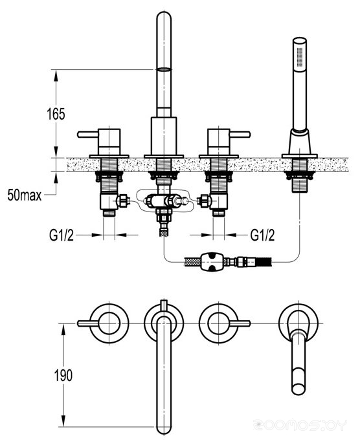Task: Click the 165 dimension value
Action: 56,114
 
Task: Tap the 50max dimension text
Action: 25,195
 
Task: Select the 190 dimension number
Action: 63,375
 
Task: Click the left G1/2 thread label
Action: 62,235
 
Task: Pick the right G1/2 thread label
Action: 262,235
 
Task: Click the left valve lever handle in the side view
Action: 88,134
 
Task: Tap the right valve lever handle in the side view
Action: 240,134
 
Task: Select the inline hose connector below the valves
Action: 212,261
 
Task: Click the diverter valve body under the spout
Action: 164,201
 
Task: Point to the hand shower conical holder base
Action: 300,142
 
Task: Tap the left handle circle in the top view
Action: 109,323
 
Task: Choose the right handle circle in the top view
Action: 218,323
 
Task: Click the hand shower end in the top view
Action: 298,387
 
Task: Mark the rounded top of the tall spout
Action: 164,16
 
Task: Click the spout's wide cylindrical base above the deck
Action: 164,136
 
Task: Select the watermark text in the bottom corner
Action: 300,425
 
